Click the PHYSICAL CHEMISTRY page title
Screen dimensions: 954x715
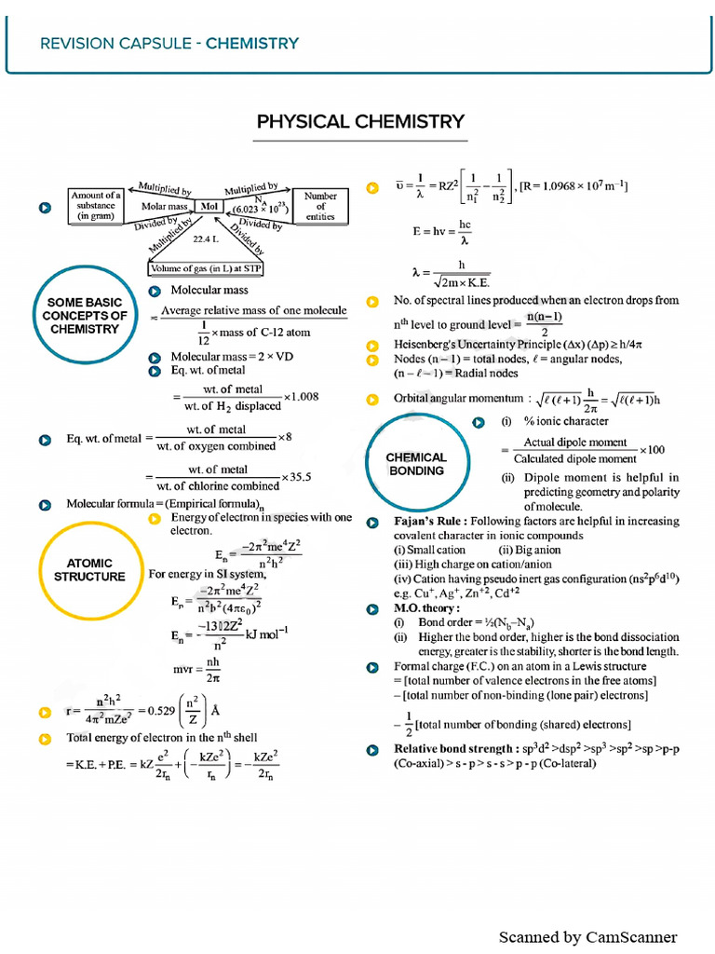coord(360,122)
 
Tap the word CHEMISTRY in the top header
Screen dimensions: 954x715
coord(252,43)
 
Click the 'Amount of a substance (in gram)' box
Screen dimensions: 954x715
coord(96,206)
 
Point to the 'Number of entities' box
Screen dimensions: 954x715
coord(320,206)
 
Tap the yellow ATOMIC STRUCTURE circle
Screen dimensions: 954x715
coord(89,569)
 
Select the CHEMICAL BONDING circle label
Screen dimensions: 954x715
coord(417,464)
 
